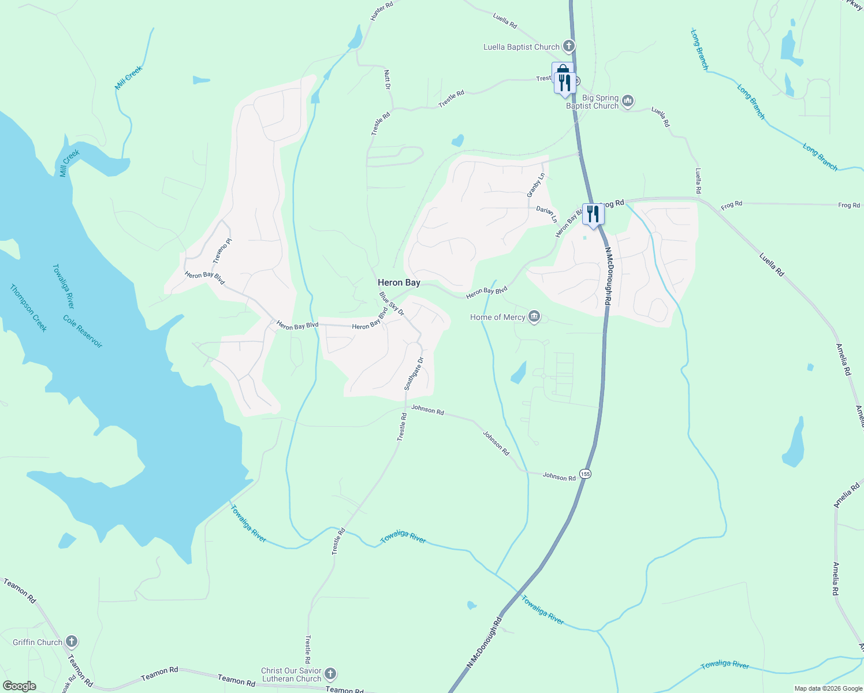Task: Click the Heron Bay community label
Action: point(399,282)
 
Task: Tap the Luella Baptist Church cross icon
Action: point(569,46)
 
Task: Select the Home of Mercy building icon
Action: point(534,317)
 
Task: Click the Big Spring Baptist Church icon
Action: point(628,102)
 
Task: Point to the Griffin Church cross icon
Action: point(71,642)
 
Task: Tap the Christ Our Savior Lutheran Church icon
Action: point(330,674)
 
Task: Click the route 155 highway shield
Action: point(586,474)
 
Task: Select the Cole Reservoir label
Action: point(83,331)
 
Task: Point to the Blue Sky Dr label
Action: point(392,304)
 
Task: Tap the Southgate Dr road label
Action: point(414,374)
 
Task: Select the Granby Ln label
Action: point(535,185)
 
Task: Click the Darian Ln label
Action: point(546,214)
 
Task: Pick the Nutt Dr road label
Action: point(388,79)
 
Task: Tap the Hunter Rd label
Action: point(381,10)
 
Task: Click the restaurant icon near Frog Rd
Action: point(593,214)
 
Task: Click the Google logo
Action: point(19,686)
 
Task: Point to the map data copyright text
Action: point(828,688)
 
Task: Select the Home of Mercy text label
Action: point(497,317)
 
